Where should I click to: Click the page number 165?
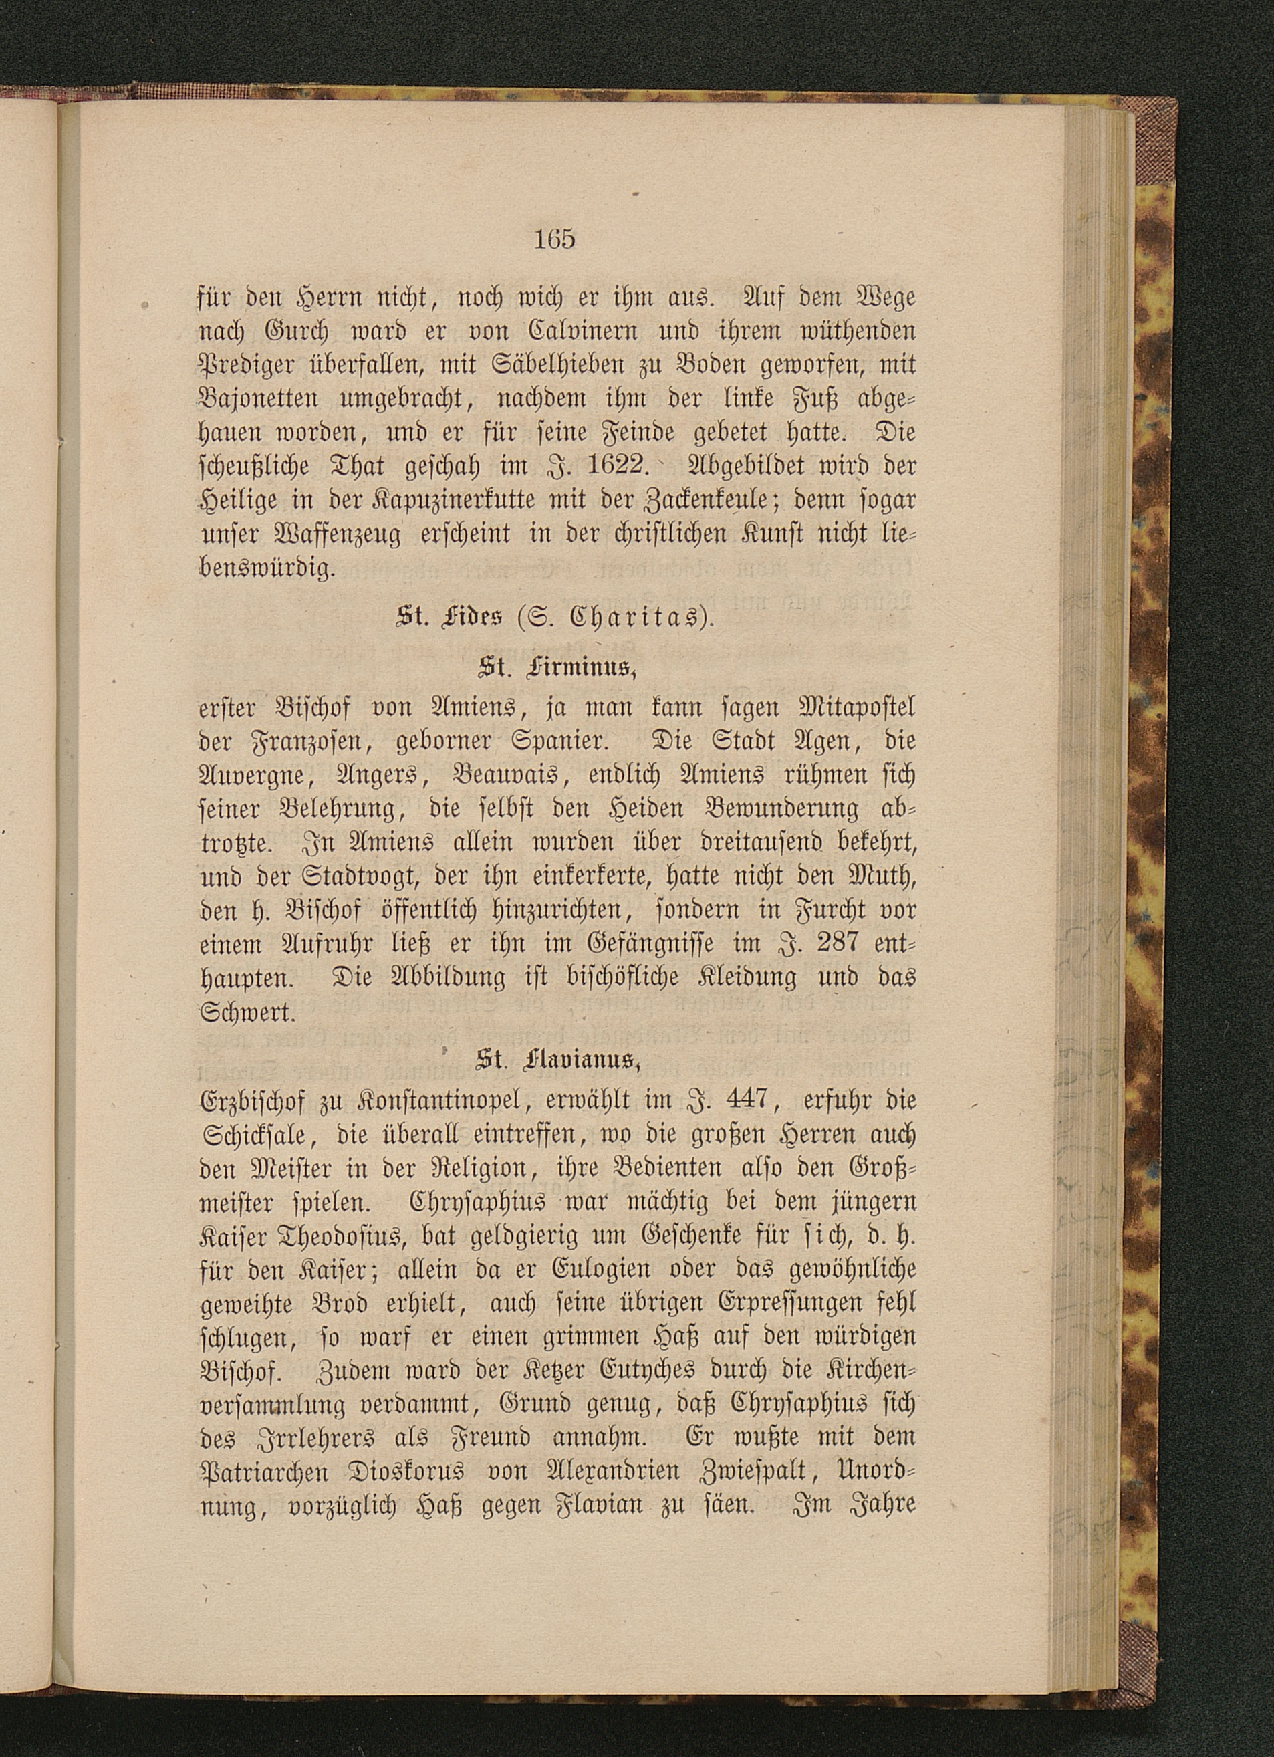[x=555, y=239]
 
